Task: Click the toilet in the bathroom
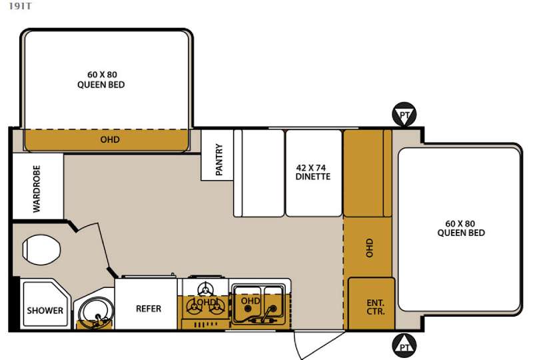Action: click(41, 249)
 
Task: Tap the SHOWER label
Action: click(45, 310)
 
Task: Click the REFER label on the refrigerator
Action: click(149, 309)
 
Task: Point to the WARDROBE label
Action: click(37, 189)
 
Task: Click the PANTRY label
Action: click(219, 159)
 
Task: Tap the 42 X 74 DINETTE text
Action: click(312, 172)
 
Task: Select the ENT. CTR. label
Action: click(376, 307)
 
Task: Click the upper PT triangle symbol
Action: click(404, 114)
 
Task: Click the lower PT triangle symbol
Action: click(404, 346)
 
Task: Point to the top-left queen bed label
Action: click(101, 79)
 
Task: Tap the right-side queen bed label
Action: click(461, 228)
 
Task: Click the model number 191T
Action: click(20, 6)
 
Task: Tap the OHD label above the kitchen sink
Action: click(251, 301)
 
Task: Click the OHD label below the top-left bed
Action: click(110, 139)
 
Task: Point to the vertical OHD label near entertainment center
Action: click(369, 248)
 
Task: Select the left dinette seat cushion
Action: click(263, 173)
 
